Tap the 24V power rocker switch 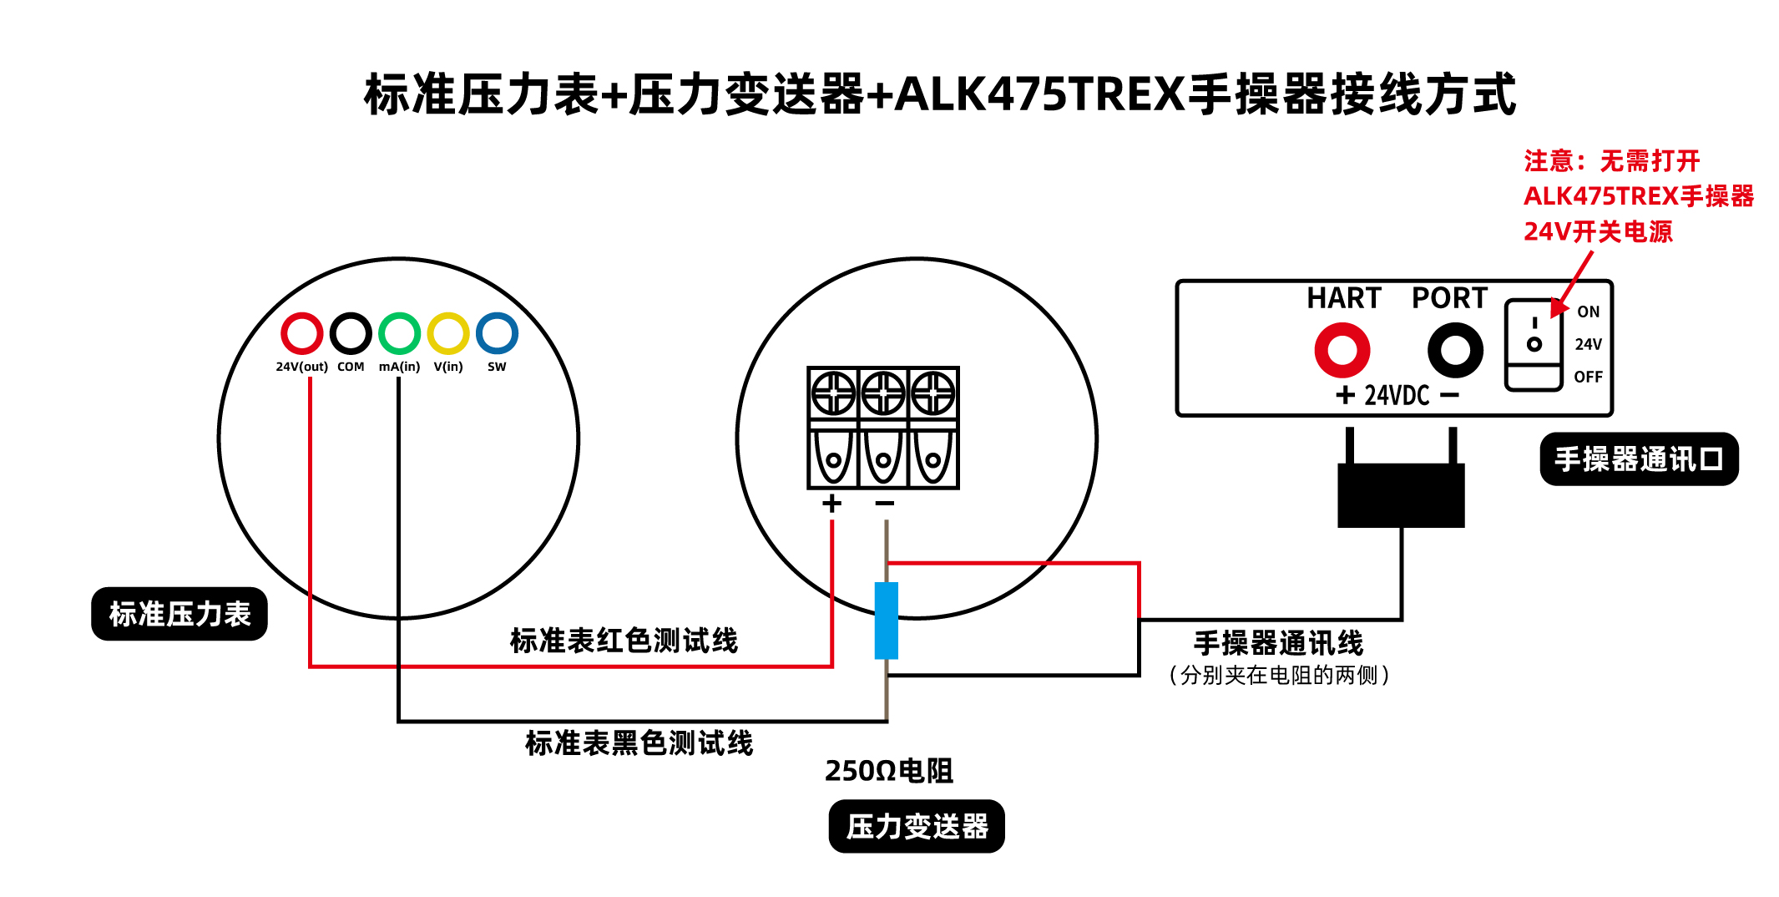click(x=1533, y=345)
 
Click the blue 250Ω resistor click(x=886, y=621)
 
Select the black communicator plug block click(x=1401, y=494)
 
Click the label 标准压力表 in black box click(x=179, y=614)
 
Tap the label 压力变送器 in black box click(x=917, y=827)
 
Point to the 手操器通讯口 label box click(x=1639, y=459)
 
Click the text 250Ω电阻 click(x=888, y=771)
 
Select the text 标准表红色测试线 click(x=624, y=641)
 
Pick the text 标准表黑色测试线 click(x=639, y=742)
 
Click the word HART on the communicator click(x=1343, y=298)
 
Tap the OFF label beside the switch click(x=1588, y=377)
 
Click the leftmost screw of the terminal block click(x=833, y=393)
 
